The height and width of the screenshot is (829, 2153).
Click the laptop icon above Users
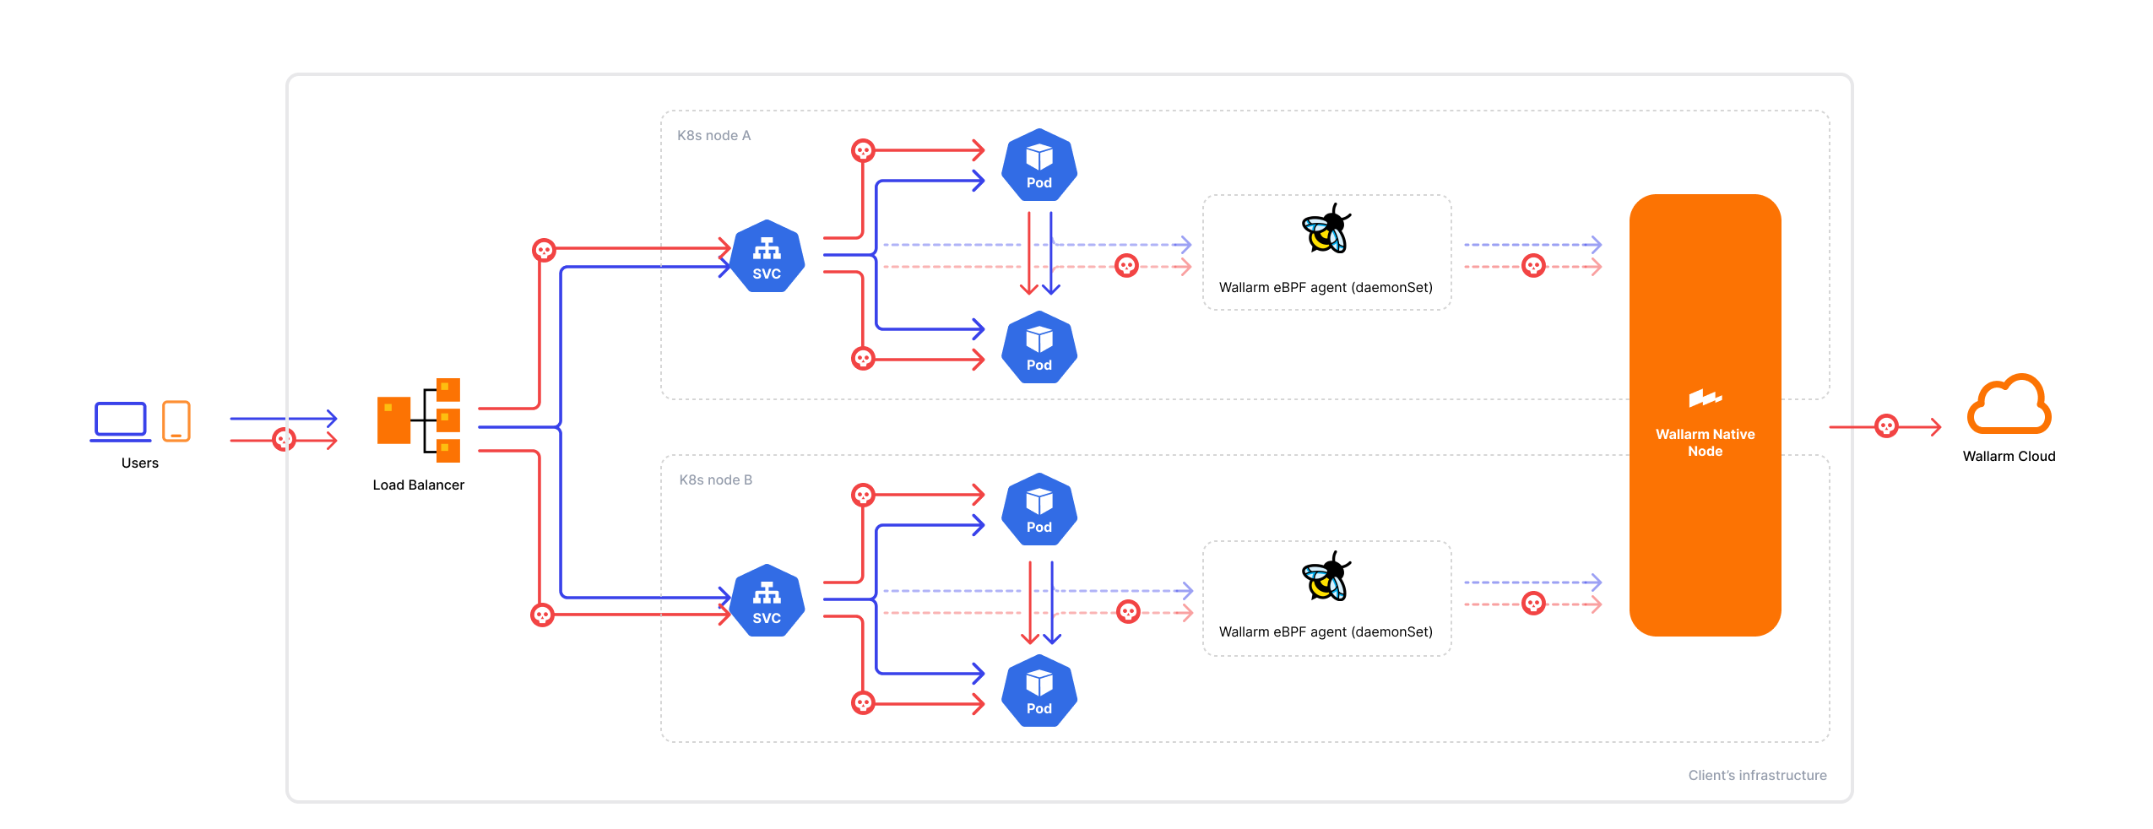click(x=121, y=420)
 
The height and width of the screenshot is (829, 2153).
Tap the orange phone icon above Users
click(x=176, y=420)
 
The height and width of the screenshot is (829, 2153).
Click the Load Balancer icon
click(x=419, y=420)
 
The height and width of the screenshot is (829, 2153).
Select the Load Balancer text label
click(x=419, y=485)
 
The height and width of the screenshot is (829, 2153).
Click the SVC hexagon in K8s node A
click(x=767, y=257)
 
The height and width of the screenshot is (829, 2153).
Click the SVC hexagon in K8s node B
click(x=767, y=601)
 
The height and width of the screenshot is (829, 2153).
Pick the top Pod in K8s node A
click(x=1039, y=165)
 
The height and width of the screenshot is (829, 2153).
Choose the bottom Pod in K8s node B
click(x=1039, y=691)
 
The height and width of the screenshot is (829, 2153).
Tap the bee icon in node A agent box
click(x=1326, y=230)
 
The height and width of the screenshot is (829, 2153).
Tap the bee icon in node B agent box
click(x=1326, y=577)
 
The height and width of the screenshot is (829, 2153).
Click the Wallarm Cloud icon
click(x=2009, y=405)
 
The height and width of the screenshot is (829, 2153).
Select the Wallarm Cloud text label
click(x=2009, y=456)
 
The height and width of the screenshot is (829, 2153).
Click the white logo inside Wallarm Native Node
click(x=1705, y=398)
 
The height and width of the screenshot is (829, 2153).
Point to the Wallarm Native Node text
click(x=1705, y=442)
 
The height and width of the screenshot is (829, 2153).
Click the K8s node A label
click(x=713, y=135)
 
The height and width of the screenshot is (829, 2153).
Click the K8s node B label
click(x=715, y=480)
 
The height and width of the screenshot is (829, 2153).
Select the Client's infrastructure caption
click(x=1757, y=775)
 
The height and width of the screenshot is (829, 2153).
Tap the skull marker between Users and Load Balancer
click(x=285, y=439)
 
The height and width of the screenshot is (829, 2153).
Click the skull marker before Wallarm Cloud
click(x=1886, y=426)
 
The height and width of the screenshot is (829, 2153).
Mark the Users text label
click(x=140, y=463)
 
